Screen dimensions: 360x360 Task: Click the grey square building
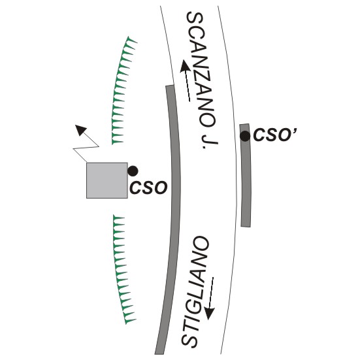click(x=107, y=180)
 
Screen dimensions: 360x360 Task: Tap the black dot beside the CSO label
click(x=133, y=171)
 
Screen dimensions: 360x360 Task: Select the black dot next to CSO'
click(x=245, y=136)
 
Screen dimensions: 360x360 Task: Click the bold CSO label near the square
click(x=148, y=188)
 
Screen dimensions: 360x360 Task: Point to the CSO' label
click(x=275, y=135)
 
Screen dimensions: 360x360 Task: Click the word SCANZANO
click(x=200, y=69)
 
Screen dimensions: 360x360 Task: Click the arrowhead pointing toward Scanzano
click(x=184, y=66)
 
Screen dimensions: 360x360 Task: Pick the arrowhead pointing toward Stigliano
click(x=210, y=314)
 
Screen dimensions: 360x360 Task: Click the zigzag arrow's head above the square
click(x=81, y=130)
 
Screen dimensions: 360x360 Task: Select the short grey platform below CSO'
click(x=246, y=176)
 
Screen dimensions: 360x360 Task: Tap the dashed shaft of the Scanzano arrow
click(x=187, y=86)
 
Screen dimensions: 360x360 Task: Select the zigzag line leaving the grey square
click(x=86, y=147)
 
